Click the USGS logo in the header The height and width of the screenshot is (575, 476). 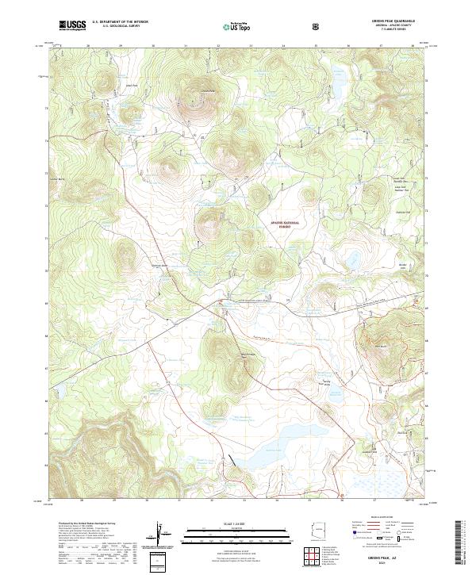(x=71, y=26)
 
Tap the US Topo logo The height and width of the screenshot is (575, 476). (x=228, y=26)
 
